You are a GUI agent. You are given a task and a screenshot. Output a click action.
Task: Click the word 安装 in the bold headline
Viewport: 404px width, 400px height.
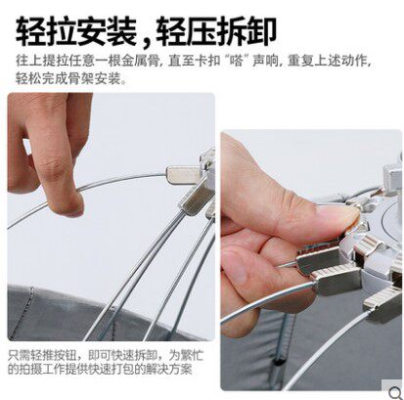coord(108,31)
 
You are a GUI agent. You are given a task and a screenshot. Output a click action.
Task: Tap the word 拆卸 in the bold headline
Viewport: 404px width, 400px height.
coord(247,31)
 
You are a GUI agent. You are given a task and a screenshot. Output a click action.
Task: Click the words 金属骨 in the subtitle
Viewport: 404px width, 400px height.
coord(142,61)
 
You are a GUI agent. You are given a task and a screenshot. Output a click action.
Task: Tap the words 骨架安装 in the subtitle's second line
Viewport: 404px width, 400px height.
coord(94,78)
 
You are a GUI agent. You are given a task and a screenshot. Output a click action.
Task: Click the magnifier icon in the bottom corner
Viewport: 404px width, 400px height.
coord(395,391)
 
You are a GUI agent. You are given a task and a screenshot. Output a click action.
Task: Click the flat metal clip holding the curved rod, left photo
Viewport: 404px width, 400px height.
coord(183,174)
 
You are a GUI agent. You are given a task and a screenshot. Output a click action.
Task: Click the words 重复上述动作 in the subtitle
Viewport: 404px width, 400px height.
coord(327,61)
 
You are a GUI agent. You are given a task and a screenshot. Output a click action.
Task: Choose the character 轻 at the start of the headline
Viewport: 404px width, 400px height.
coord(31,31)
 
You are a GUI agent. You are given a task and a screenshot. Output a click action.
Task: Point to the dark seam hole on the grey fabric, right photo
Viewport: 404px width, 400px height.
coord(277,361)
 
